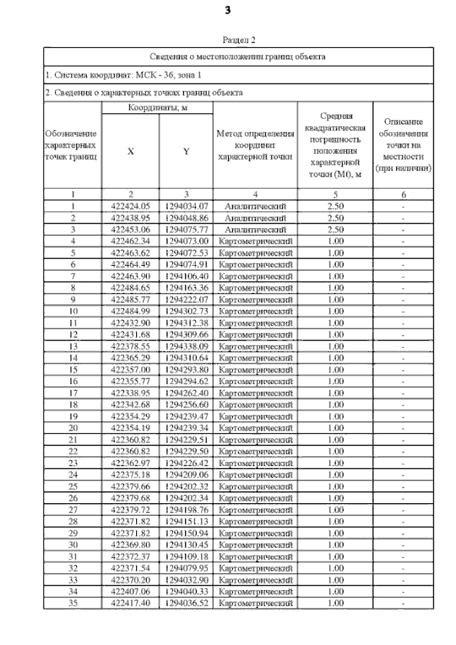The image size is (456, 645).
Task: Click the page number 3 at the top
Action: pyautogui.click(x=227, y=10)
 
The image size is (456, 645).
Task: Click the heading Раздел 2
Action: pyautogui.click(x=239, y=41)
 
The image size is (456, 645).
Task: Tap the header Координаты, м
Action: pyautogui.click(x=157, y=108)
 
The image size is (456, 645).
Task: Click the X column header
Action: pyautogui.click(x=130, y=151)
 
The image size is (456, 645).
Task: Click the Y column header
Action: pyautogui.click(x=186, y=151)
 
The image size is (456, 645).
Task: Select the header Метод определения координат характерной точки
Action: pyautogui.click(x=255, y=145)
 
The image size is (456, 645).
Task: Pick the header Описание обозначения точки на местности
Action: pyautogui.click(x=403, y=145)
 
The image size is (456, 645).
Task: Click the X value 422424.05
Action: pyautogui.click(x=130, y=207)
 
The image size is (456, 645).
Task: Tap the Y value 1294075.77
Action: pyautogui.click(x=186, y=230)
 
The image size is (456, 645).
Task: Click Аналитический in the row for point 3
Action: pyautogui.click(x=255, y=230)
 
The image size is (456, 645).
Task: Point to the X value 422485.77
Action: pyautogui.click(x=130, y=299)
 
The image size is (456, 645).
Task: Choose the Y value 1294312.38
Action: pyautogui.click(x=186, y=323)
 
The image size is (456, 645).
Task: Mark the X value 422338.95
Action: pyautogui.click(x=130, y=392)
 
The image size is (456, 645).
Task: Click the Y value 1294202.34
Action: pyautogui.click(x=186, y=497)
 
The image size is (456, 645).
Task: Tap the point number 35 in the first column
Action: pyautogui.click(x=73, y=602)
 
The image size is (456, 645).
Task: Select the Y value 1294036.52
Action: pyautogui.click(x=186, y=602)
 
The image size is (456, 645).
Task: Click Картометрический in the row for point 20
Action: pyautogui.click(x=255, y=427)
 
